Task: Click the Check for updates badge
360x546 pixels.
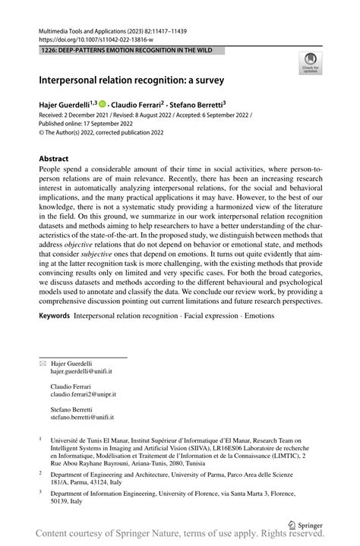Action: [x=310, y=63]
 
